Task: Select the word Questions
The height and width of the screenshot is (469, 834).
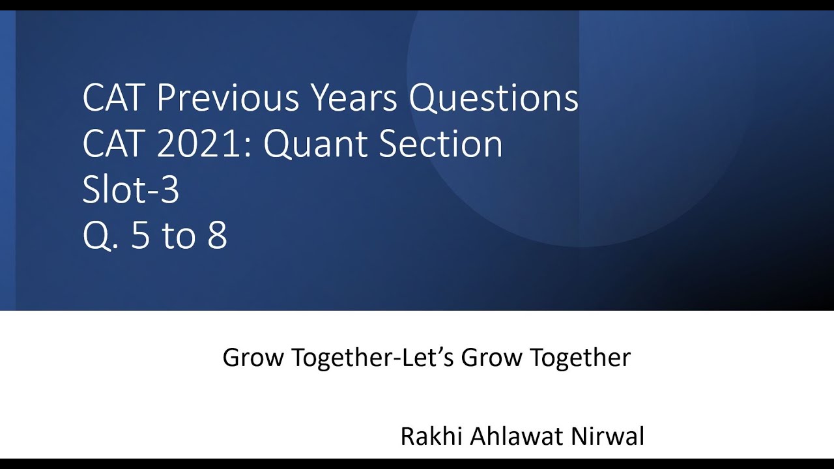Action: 493,99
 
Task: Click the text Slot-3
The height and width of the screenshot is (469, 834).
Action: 130,190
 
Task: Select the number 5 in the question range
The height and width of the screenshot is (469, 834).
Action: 140,236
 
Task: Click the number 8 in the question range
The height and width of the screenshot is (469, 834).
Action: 218,236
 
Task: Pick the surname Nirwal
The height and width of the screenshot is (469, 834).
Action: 607,436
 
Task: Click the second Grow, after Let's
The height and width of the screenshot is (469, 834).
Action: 491,358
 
